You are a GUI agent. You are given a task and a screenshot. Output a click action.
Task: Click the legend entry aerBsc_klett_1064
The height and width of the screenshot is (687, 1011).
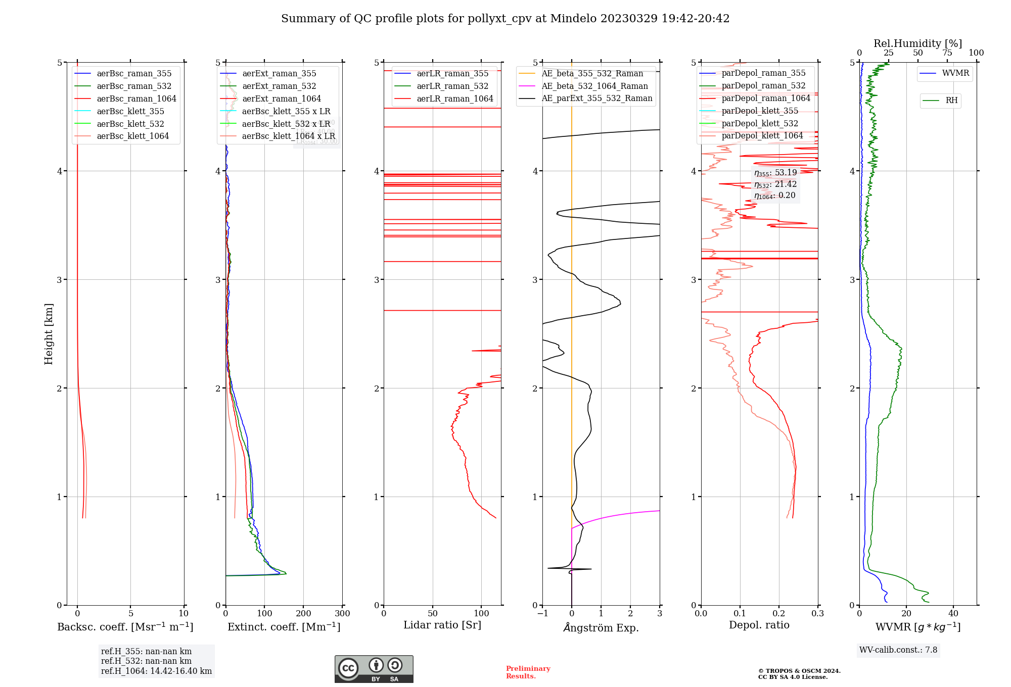(x=132, y=136)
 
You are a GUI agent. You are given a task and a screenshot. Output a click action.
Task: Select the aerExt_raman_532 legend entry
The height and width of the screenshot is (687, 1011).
(x=279, y=86)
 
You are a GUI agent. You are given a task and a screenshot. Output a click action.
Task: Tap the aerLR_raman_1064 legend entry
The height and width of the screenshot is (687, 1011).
(x=454, y=99)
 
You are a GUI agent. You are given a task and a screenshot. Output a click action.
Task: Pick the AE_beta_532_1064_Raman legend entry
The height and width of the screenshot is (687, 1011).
(x=594, y=86)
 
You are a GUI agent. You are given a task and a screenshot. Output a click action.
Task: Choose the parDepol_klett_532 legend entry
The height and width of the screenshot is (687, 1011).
(x=759, y=124)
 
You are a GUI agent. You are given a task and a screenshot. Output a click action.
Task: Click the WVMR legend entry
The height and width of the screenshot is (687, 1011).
(x=955, y=73)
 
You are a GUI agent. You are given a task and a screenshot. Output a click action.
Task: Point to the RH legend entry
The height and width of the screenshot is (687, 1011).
(x=951, y=101)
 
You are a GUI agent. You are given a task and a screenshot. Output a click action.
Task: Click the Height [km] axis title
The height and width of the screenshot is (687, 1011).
(x=49, y=334)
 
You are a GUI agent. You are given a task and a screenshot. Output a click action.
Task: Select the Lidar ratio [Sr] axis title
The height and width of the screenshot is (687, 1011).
(x=442, y=625)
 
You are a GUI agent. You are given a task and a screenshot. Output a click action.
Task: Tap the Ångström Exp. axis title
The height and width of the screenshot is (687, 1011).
(x=601, y=628)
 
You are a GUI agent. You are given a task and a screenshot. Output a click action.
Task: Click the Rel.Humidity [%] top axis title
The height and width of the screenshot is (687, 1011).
(x=917, y=43)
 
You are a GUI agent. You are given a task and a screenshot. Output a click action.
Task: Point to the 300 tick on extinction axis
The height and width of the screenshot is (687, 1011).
(x=342, y=614)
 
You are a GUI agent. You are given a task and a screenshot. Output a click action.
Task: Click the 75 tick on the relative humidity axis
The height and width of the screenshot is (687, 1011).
(x=947, y=53)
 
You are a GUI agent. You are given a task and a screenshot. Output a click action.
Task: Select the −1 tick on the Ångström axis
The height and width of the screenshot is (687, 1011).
(x=542, y=614)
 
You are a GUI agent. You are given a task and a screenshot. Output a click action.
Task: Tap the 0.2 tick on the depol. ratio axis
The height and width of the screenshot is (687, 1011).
(x=779, y=614)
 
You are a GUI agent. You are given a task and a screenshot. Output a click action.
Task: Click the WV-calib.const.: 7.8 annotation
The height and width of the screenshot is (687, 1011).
(x=898, y=650)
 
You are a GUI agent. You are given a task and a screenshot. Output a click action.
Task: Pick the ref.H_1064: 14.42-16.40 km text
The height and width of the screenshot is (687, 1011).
(x=156, y=671)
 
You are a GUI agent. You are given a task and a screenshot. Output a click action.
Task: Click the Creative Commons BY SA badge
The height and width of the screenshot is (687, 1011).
(x=374, y=669)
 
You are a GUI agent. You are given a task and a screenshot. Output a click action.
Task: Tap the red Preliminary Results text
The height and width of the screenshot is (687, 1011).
(x=528, y=672)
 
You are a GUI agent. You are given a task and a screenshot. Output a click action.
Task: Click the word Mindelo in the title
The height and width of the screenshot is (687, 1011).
(x=573, y=19)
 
